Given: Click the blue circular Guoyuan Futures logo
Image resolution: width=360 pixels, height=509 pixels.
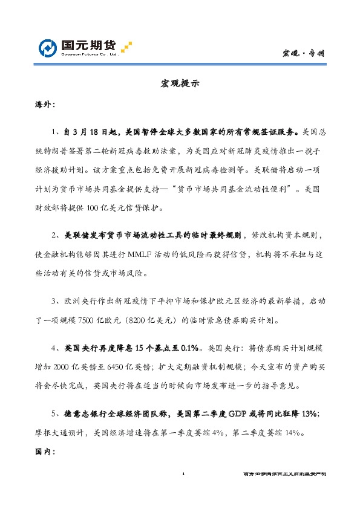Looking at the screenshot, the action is pos(48,48).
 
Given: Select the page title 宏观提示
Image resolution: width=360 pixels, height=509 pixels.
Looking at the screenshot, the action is pos(180,83).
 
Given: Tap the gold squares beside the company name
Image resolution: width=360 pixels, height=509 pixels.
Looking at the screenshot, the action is pos(126,47).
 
